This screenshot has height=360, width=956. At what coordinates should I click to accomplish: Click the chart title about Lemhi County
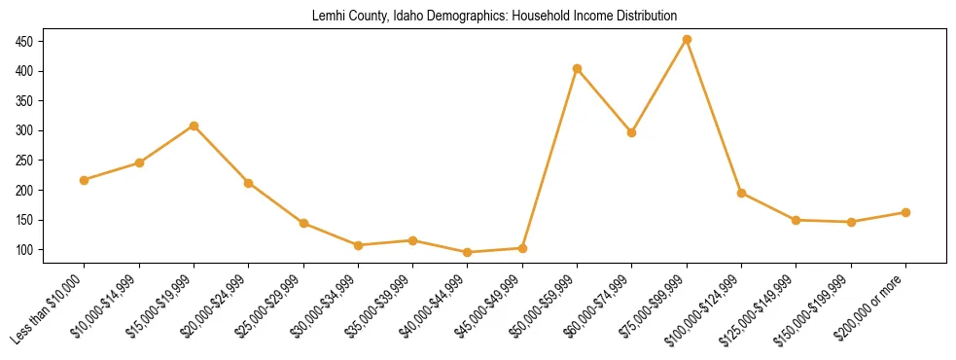(x=494, y=17)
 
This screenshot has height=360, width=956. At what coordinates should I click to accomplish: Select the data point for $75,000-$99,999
(x=687, y=40)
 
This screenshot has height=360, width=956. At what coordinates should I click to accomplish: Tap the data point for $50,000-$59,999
(x=578, y=68)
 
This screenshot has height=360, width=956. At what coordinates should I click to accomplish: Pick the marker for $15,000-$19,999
(x=195, y=126)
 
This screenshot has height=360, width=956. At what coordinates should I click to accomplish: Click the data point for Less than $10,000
(x=85, y=180)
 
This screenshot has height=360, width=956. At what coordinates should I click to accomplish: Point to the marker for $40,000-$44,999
(x=468, y=252)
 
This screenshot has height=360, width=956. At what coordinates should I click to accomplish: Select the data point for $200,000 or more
(x=905, y=212)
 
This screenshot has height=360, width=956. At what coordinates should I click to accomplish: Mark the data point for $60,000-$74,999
(x=632, y=132)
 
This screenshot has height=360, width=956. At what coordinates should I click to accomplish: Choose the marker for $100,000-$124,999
(x=742, y=193)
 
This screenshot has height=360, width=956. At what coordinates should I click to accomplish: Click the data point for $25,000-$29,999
(x=303, y=223)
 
